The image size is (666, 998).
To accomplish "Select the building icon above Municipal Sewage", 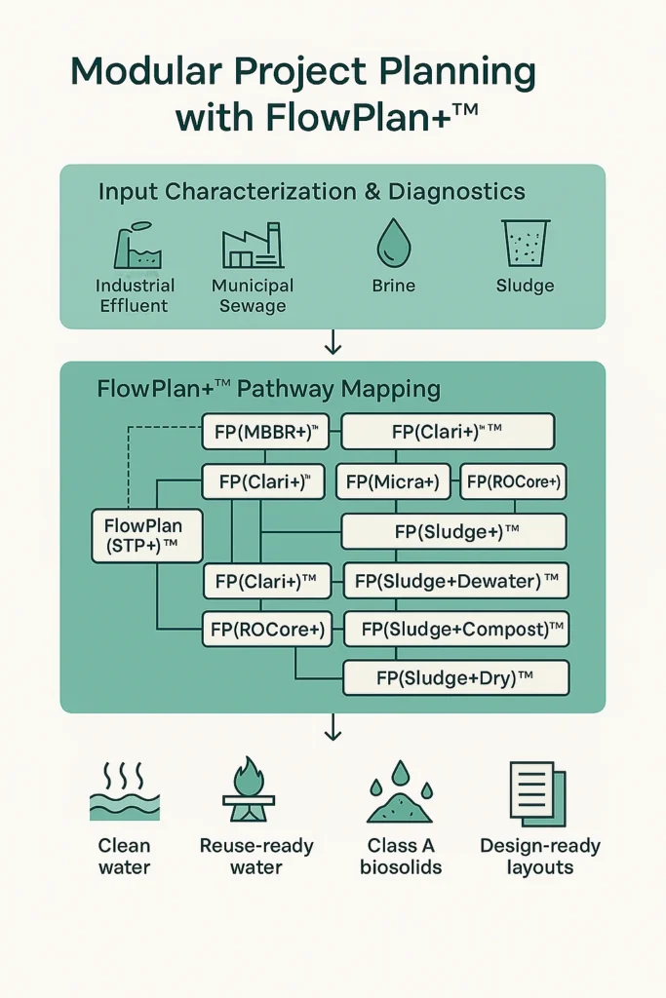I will [252, 247].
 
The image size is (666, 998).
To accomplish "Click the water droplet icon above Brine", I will [393, 243].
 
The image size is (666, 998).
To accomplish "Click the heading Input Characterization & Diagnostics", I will [311, 192].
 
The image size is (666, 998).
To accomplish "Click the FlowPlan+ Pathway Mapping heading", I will [268, 390].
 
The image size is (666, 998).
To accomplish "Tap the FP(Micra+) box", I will [393, 481].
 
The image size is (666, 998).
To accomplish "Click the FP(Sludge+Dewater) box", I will [455, 582].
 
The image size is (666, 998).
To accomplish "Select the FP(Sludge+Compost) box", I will [456, 629].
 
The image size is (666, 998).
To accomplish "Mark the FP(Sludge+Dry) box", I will [455, 677].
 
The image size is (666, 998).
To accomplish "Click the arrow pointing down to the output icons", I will [333, 727].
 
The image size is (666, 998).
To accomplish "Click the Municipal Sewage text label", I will [252, 295].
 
